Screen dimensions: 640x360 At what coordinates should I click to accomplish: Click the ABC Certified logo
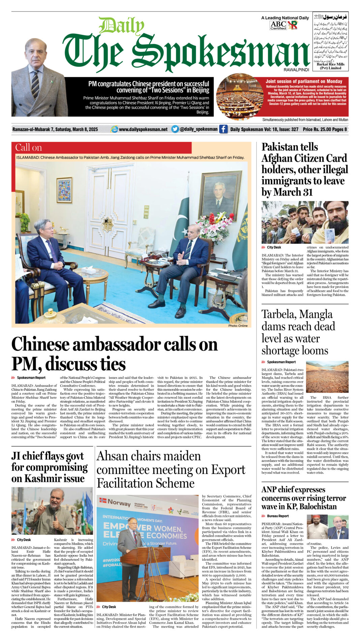pyautogui.click(x=278, y=25)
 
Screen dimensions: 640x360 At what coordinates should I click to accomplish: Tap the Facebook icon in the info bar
pyautogui.click(x=223, y=129)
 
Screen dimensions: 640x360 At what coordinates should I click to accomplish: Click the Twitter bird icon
pyautogui.click(x=175, y=129)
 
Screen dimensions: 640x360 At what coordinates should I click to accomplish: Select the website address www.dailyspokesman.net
pyautogui.click(x=143, y=129)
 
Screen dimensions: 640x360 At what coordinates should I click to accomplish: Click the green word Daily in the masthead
pyautogui.click(x=121, y=26)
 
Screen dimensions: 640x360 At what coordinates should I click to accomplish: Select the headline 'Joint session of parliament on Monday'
pyautogui.click(x=304, y=81)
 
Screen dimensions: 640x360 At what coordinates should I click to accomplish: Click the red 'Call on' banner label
pyautogui.click(x=29, y=148)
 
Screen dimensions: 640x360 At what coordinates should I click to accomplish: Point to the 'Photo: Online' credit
pyautogui.click(x=238, y=326)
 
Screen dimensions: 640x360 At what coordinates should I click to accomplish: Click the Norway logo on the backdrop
pyautogui.click(x=115, y=503)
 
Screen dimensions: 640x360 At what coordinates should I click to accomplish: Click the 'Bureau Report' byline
pyautogui.click(x=278, y=516)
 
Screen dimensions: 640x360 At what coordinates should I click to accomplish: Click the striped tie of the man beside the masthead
pyautogui.click(x=35, y=84)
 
